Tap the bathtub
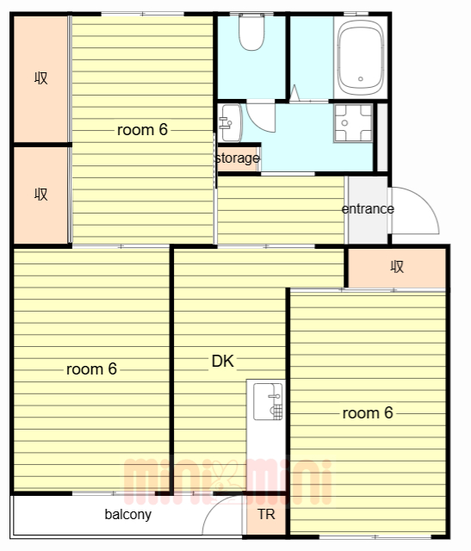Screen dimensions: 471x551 (360, 58)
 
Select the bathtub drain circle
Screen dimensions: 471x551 (360, 79)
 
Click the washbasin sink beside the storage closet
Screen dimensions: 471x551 (230, 123)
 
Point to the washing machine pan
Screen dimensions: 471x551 (353, 123)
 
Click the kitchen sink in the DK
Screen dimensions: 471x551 (268, 402)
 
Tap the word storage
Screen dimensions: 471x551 (238, 158)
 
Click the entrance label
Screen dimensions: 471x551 (368, 208)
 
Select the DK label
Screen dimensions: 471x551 (223, 361)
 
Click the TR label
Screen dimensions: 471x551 (266, 515)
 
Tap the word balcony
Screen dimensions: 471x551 (128, 515)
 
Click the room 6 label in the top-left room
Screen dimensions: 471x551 (142, 130)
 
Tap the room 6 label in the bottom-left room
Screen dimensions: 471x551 (91, 369)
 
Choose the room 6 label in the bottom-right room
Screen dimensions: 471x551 (368, 413)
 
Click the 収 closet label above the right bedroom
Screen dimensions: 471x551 (397, 267)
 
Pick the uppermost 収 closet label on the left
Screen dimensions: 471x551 (41, 77)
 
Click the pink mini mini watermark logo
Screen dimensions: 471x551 (228, 481)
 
